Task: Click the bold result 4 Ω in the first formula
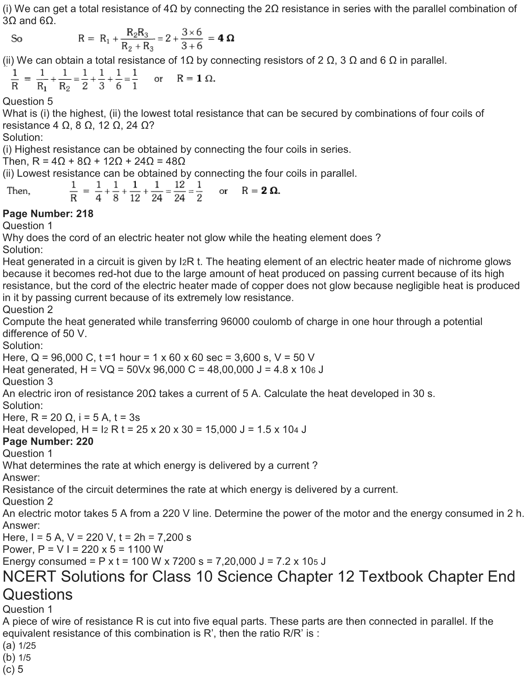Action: tap(226, 38)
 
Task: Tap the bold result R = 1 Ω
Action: tap(196, 78)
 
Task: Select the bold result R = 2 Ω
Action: tap(261, 190)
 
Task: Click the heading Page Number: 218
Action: tap(48, 214)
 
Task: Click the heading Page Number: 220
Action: tap(48, 441)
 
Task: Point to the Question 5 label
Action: tap(28, 101)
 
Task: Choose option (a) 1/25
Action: tap(19, 646)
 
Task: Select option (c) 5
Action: tap(13, 670)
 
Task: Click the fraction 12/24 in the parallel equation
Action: tap(179, 191)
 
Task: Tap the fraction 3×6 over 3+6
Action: tap(192, 39)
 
